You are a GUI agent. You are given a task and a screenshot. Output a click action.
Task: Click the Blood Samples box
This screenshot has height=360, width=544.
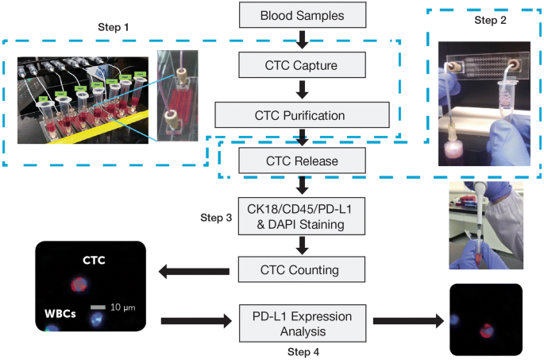tap(301, 14)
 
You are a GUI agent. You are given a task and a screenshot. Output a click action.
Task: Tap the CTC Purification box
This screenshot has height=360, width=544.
tap(301, 114)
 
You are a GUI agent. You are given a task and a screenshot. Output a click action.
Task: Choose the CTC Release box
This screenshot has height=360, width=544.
tap(301, 161)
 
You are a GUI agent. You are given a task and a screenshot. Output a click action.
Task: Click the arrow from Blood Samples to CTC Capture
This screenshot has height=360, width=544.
tap(301, 37)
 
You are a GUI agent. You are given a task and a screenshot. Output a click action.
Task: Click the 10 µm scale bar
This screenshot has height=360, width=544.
tap(96, 307)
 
